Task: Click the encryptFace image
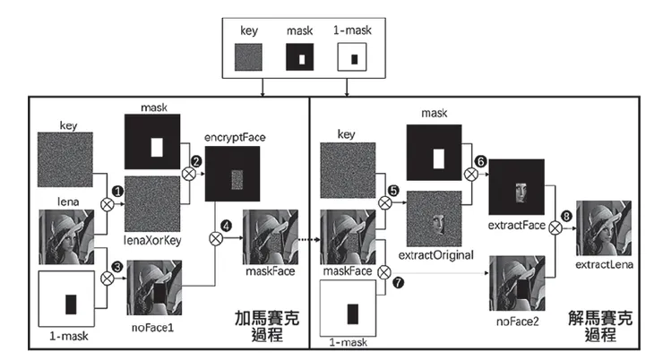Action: click(x=234, y=175)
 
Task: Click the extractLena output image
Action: click(x=607, y=228)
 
